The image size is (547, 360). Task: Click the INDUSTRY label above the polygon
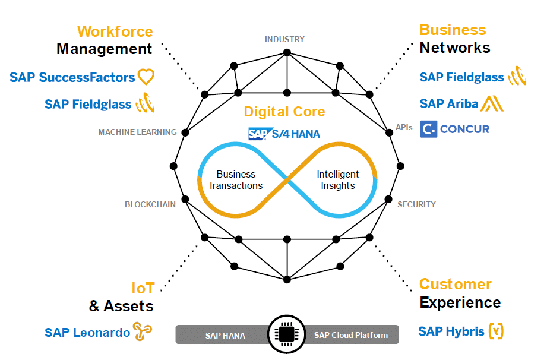click(284, 39)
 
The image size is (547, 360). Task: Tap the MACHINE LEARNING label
click(137, 132)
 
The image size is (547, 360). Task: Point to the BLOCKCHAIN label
click(150, 204)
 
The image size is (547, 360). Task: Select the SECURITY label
click(416, 204)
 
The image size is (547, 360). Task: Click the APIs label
click(404, 127)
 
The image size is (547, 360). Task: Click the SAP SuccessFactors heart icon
click(146, 77)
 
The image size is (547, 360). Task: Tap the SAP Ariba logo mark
click(492, 103)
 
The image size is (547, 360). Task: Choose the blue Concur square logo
click(428, 129)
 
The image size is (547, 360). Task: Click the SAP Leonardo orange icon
click(143, 331)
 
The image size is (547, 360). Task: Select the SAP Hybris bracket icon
click(496, 331)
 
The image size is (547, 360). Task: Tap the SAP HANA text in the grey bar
click(225, 336)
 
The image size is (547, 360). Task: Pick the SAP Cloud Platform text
click(350, 336)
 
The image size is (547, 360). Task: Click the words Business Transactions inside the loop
click(236, 180)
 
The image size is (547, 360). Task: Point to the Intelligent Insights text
click(338, 180)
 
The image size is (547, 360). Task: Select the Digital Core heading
click(284, 111)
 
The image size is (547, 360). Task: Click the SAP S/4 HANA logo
click(284, 134)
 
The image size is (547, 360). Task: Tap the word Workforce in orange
click(115, 31)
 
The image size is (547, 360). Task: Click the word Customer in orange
click(456, 284)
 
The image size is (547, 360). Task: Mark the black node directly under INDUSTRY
click(287, 52)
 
